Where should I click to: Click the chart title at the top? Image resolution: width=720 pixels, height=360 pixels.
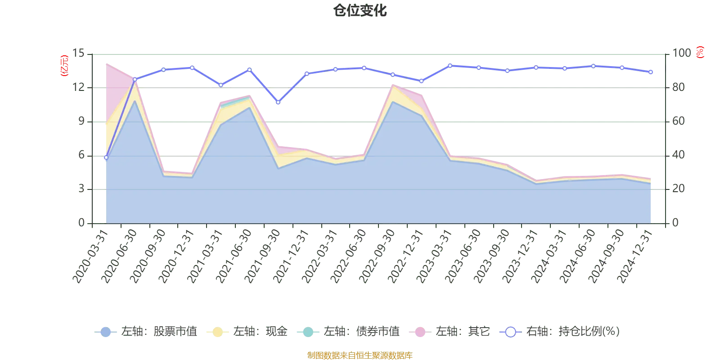(x=360, y=11)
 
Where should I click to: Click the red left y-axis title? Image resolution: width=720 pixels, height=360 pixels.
(x=64, y=66)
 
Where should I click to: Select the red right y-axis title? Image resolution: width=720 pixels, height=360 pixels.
(x=700, y=52)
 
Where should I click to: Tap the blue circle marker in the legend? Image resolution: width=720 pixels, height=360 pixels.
(x=106, y=332)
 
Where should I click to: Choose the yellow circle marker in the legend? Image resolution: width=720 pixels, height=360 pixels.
(x=218, y=332)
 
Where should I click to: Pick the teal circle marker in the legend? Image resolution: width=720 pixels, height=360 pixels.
(x=308, y=332)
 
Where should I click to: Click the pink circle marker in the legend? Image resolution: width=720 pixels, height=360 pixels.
(x=420, y=332)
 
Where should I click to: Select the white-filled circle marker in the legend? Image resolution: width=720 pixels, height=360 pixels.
(x=510, y=332)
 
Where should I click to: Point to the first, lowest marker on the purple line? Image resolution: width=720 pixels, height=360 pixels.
(x=106, y=157)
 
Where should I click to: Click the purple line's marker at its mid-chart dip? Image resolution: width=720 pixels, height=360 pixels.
(x=278, y=103)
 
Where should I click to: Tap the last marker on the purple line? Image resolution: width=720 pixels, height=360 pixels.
(x=651, y=72)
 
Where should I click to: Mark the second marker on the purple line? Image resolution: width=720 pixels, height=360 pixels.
(x=135, y=79)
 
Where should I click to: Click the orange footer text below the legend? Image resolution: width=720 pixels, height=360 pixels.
(x=360, y=355)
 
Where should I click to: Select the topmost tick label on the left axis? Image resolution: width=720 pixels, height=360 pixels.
(x=79, y=53)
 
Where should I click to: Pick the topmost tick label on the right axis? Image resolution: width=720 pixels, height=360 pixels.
(x=681, y=53)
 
